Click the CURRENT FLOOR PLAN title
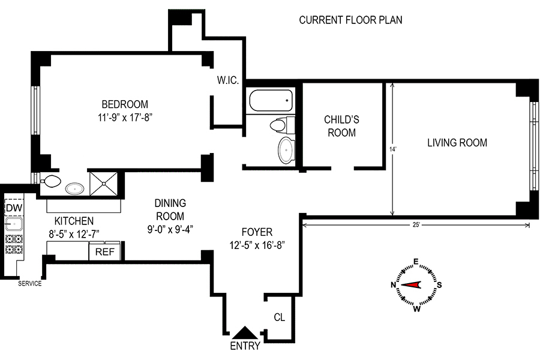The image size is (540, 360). click(x=350, y=20)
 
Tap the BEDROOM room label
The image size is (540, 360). click(x=124, y=104)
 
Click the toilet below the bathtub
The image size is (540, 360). click(x=278, y=125)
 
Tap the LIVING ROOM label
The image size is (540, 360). click(x=457, y=143)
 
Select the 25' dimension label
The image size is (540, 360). click(x=415, y=225)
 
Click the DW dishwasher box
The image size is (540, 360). click(x=13, y=208)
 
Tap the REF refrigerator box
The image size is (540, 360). click(x=104, y=252)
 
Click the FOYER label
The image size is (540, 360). click(x=257, y=232)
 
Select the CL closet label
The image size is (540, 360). click(x=279, y=316)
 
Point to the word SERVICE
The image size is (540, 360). click(x=29, y=284)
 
